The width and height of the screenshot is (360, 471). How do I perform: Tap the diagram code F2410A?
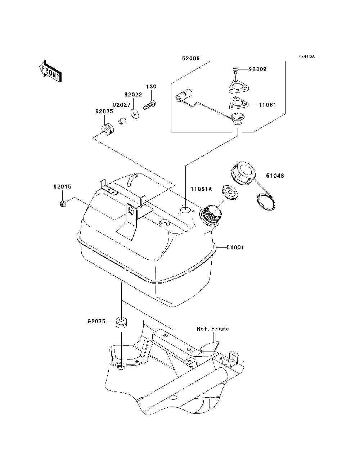pos(306,56)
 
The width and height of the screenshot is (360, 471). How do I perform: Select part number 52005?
pos(191,58)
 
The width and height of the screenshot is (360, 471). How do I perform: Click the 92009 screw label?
pos(257,69)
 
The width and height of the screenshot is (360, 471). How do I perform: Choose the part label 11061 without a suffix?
pos(267,105)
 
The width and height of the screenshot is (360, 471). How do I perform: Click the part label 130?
pos(151,86)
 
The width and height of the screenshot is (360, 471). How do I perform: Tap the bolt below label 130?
pos(149,105)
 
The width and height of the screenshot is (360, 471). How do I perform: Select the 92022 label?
pos(133,94)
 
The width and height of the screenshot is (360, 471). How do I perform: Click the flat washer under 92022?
pos(135,114)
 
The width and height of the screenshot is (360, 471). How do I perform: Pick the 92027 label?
pos(122,105)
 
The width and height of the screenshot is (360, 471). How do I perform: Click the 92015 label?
pos(62,187)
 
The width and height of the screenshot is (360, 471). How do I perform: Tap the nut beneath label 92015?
pos(63,203)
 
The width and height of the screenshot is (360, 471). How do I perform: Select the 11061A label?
pos(201,189)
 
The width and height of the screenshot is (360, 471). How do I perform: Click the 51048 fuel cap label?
pos(275,176)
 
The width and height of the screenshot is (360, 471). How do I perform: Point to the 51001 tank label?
pos(235,248)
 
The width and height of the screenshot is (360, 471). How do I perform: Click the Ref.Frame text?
pos(213,329)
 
